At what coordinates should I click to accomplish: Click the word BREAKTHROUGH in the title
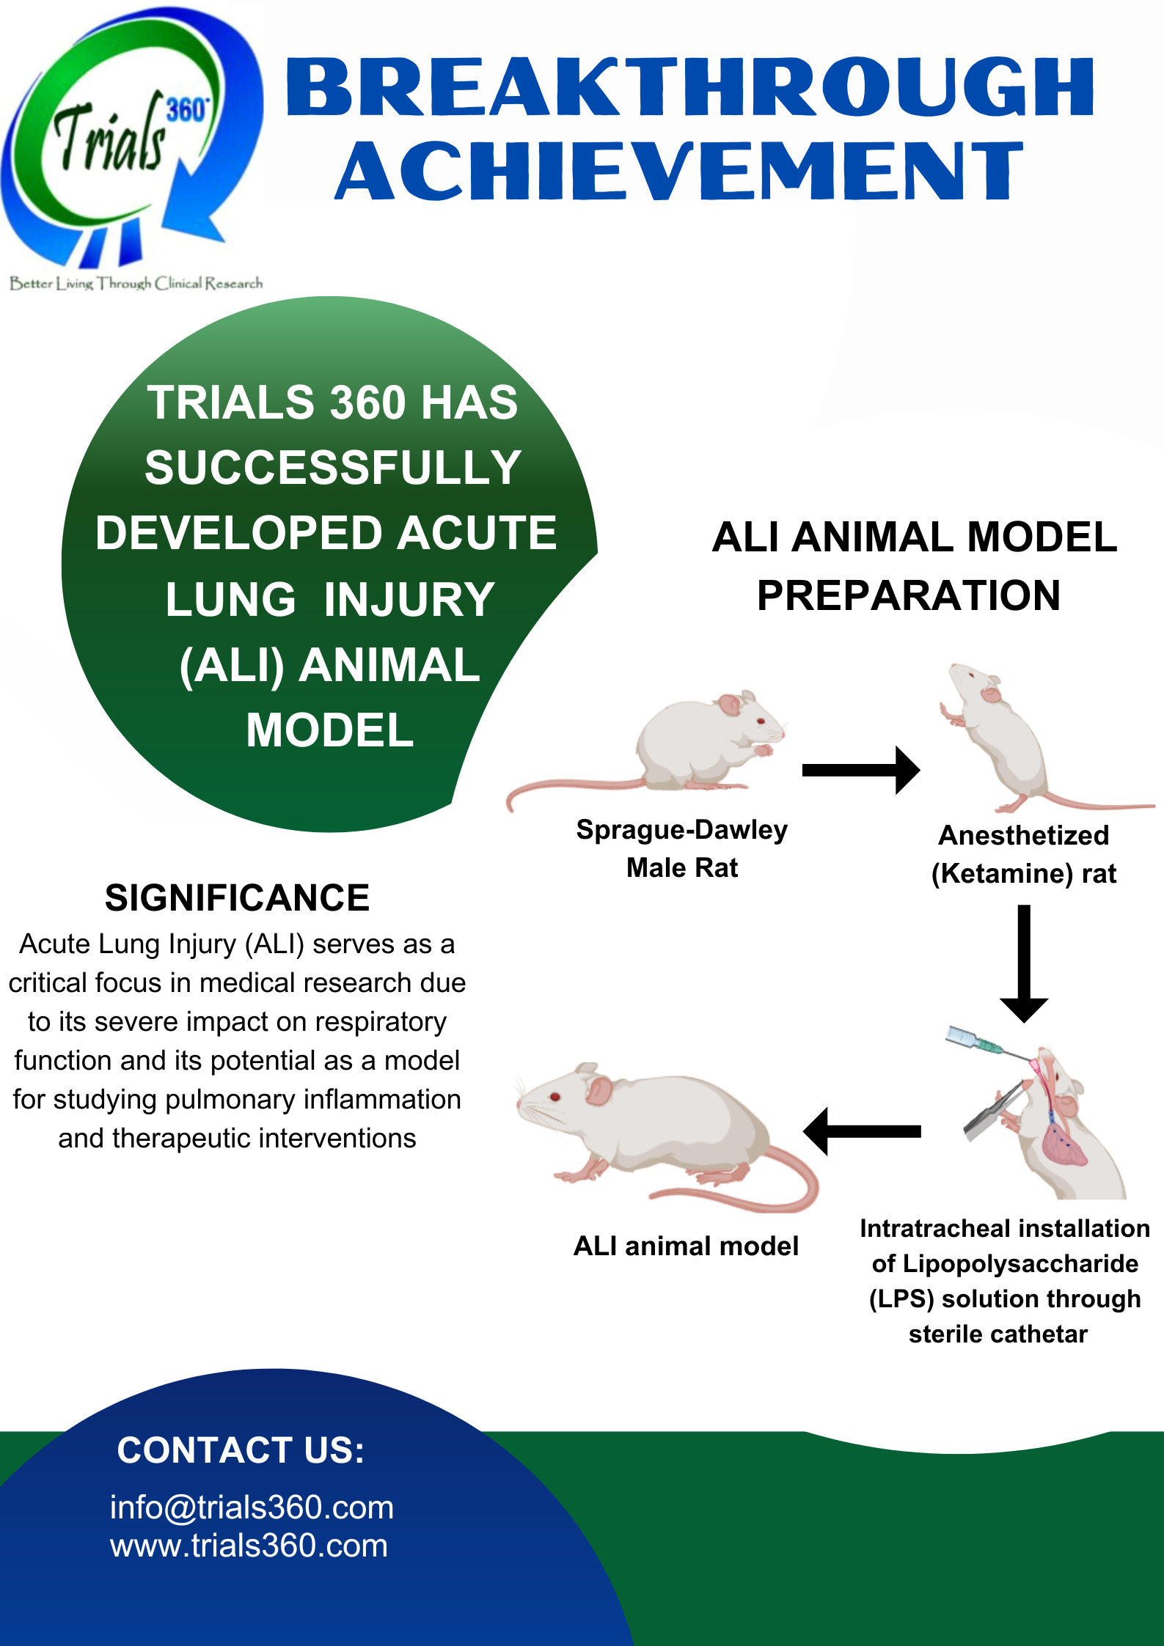[x=689, y=88]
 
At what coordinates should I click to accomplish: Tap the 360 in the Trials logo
[x=187, y=110]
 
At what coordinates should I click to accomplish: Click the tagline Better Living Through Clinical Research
[x=136, y=283]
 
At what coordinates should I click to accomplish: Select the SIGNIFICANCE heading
[x=237, y=898]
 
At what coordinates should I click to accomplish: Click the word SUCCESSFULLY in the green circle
[x=332, y=468]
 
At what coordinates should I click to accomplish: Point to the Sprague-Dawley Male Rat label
[x=681, y=848]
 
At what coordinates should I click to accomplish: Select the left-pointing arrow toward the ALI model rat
[x=862, y=1131]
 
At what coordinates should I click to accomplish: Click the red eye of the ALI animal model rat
[x=554, y=1097]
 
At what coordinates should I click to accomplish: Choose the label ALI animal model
[x=686, y=1246]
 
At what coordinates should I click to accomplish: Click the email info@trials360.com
[x=252, y=1507]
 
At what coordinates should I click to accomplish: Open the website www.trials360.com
[x=249, y=1546]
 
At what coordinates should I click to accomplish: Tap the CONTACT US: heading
[x=241, y=1450]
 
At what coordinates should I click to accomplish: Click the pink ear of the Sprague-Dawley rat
[x=729, y=705]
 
